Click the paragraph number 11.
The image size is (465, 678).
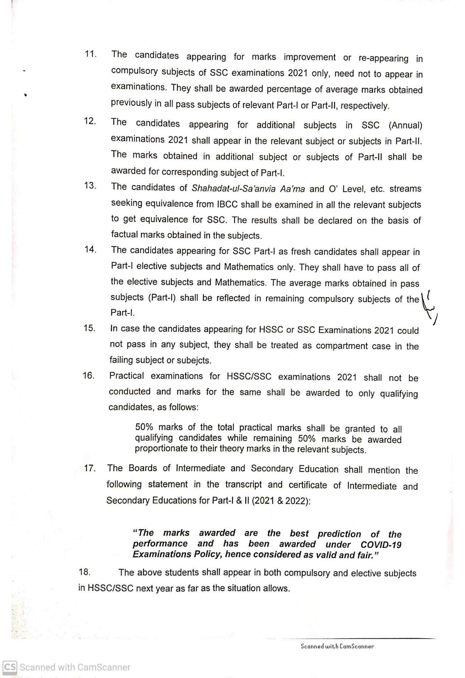click(x=90, y=54)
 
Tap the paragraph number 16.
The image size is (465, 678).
click(x=89, y=375)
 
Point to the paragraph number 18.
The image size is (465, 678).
click(x=84, y=572)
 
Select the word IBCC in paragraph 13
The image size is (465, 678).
click(x=227, y=204)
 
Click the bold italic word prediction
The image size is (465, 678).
click(x=339, y=534)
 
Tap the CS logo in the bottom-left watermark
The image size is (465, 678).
click(x=10, y=667)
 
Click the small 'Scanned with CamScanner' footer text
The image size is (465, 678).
click(x=337, y=646)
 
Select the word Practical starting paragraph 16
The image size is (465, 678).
click(x=126, y=376)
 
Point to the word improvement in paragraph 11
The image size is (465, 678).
click(x=309, y=57)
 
